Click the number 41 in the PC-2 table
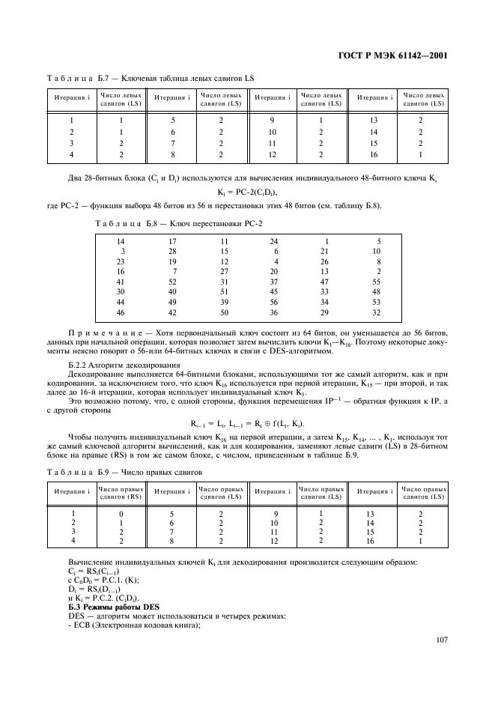tap(121, 281)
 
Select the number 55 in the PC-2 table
tap(376, 281)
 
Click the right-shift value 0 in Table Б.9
tap(121, 514)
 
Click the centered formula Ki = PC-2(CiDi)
tap(247, 192)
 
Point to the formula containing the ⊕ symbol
tap(247, 424)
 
